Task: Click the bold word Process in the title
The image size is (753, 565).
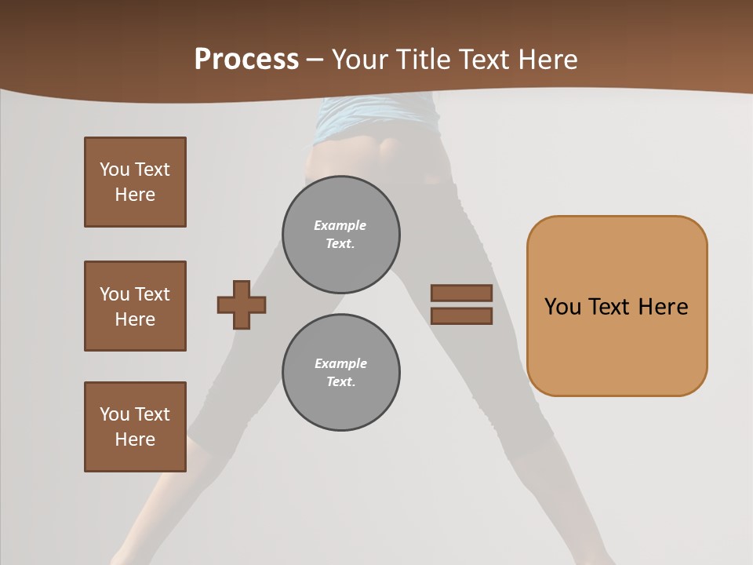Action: (x=246, y=60)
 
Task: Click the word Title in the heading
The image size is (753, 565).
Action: (x=424, y=60)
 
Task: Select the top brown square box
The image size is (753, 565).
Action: (x=135, y=182)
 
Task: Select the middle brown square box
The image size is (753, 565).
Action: (x=135, y=306)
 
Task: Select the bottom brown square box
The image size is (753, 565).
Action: (x=135, y=427)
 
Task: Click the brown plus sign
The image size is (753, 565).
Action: (x=242, y=304)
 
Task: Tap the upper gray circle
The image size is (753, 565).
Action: (x=340, y=235)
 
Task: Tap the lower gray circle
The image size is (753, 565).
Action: (x=340, y=373)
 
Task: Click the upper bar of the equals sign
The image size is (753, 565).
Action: (x=461, y=293)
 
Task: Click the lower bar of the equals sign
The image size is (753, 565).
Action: (x=461, y=316)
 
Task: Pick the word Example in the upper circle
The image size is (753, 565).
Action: (x=340, y=225)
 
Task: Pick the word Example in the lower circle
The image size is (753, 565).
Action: (x=340, y=363)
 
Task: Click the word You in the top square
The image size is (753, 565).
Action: (x=115, y=169)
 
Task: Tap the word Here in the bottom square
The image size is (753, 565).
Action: (x=135, y=439)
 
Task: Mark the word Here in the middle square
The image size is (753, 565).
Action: (x=135, y=319)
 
